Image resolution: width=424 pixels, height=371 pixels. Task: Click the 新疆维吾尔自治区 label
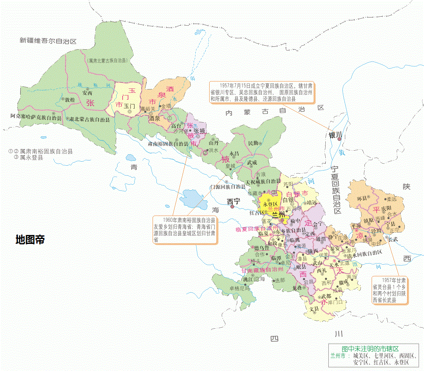49,41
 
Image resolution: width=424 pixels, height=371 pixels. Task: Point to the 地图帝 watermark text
30,239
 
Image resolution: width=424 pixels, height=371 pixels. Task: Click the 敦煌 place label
70,99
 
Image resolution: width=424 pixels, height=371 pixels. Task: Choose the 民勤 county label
253,143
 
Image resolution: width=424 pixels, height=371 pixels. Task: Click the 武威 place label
252,162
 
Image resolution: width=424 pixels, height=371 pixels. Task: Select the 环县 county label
362,198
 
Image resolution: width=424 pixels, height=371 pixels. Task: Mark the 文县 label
314,309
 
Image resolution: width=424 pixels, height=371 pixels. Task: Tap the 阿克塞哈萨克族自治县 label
36,117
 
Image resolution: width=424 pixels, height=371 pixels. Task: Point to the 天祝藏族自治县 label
263,181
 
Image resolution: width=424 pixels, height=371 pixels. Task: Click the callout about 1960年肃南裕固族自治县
184,230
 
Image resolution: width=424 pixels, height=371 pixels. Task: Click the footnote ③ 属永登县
29,158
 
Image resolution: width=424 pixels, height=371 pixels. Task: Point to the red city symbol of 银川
339,139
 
